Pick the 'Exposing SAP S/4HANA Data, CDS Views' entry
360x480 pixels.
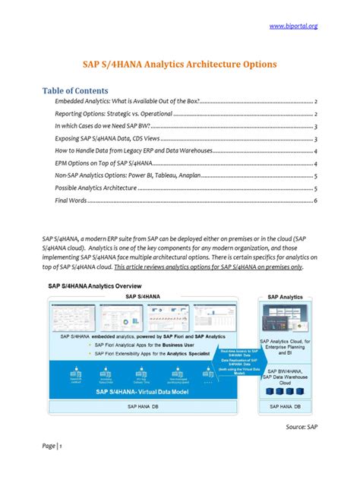tap(111, 139)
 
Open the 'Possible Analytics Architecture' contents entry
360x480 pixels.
tap(96, 188)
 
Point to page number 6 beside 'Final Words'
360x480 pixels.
tap(315, 201)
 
